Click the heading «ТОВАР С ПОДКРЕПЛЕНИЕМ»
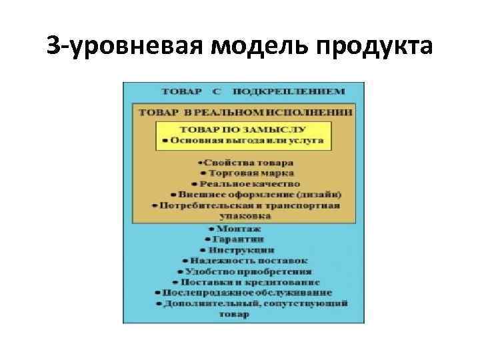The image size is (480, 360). click(x=254, y=91)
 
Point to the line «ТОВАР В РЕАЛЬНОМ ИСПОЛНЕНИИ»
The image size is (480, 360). click(x=246, y=113)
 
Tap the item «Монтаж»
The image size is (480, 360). click(x=240, y=227)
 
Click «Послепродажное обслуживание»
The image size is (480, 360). click(x=246, y=292)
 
